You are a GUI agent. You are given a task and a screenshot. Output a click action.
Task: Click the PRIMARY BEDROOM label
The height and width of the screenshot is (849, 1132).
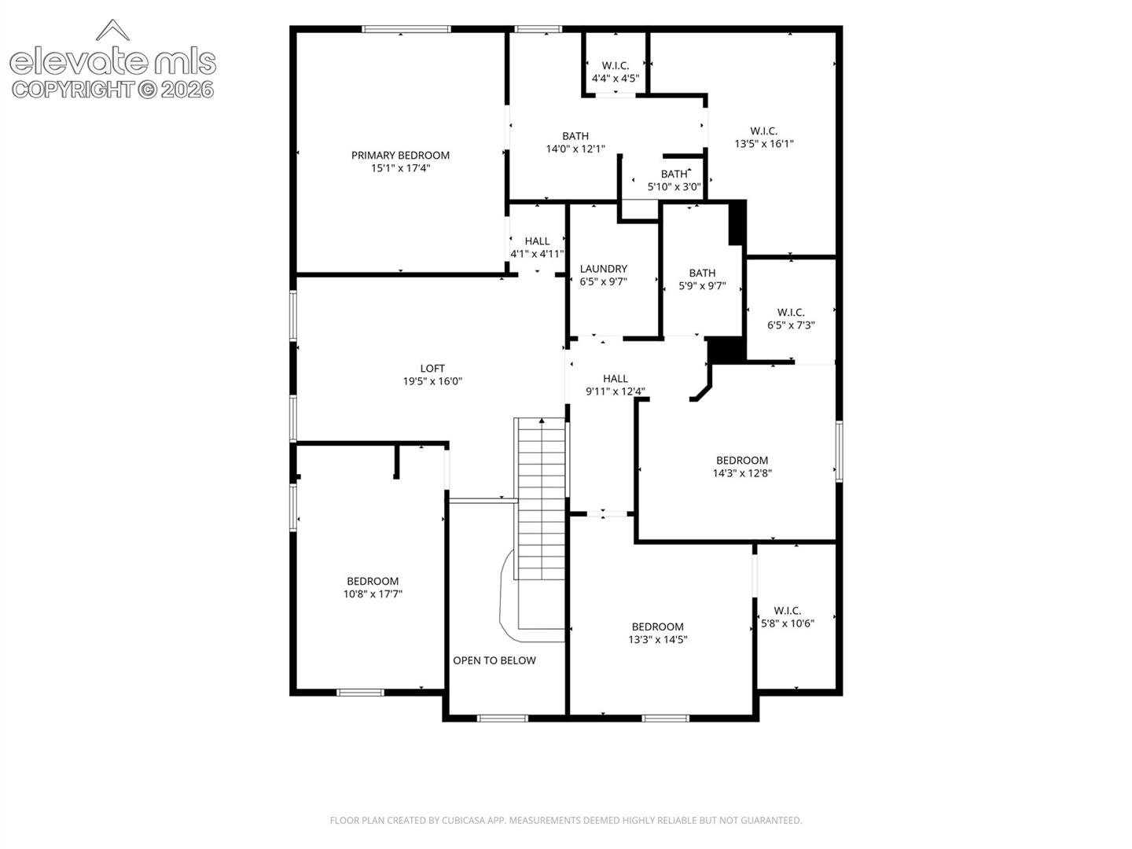[400, 155]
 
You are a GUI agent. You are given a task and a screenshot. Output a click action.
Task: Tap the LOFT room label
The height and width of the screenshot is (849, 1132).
[432, 369]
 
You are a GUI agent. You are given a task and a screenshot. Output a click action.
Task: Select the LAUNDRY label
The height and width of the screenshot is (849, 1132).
[604, 269]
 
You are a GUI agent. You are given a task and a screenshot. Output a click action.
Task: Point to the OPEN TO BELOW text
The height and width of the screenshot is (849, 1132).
[494, 660]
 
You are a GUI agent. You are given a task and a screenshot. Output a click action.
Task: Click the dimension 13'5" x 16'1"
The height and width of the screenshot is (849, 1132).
[764, 144]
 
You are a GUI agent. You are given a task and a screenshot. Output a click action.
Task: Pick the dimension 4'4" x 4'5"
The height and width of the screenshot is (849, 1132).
[616, 79]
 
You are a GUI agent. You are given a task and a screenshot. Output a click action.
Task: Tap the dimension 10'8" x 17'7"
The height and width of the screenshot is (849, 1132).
[373, 594]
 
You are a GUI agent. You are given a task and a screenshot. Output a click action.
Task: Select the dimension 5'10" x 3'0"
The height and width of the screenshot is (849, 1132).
[674, 186]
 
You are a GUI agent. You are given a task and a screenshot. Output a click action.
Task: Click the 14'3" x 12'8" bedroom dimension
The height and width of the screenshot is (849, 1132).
[742, 473]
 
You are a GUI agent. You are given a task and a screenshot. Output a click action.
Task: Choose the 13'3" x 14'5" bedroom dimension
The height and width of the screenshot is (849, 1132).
[657, 640]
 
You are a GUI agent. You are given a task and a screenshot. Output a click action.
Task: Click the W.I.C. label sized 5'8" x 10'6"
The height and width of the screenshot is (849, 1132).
[787, 610]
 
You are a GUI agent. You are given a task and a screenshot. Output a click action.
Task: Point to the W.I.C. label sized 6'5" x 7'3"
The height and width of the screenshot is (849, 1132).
[791, 312]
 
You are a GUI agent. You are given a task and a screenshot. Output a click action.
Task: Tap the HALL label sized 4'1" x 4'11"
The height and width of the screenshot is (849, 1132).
[537, 241]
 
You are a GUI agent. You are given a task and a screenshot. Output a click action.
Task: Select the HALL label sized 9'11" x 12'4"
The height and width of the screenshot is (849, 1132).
[616, 378]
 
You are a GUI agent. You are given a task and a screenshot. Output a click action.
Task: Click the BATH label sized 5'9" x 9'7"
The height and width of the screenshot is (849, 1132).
[702, 273]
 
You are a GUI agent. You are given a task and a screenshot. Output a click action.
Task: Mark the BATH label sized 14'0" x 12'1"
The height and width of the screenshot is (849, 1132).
[575, 136]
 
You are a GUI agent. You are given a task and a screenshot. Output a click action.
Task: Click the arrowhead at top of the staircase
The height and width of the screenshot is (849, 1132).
[542, 421]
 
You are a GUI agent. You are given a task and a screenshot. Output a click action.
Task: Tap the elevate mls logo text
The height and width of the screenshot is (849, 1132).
[112, 62]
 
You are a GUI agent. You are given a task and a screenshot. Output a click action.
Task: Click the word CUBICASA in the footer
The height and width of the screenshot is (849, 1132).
[462, 820]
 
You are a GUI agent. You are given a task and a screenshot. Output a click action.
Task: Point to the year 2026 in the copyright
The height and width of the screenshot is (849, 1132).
[187, 90]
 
